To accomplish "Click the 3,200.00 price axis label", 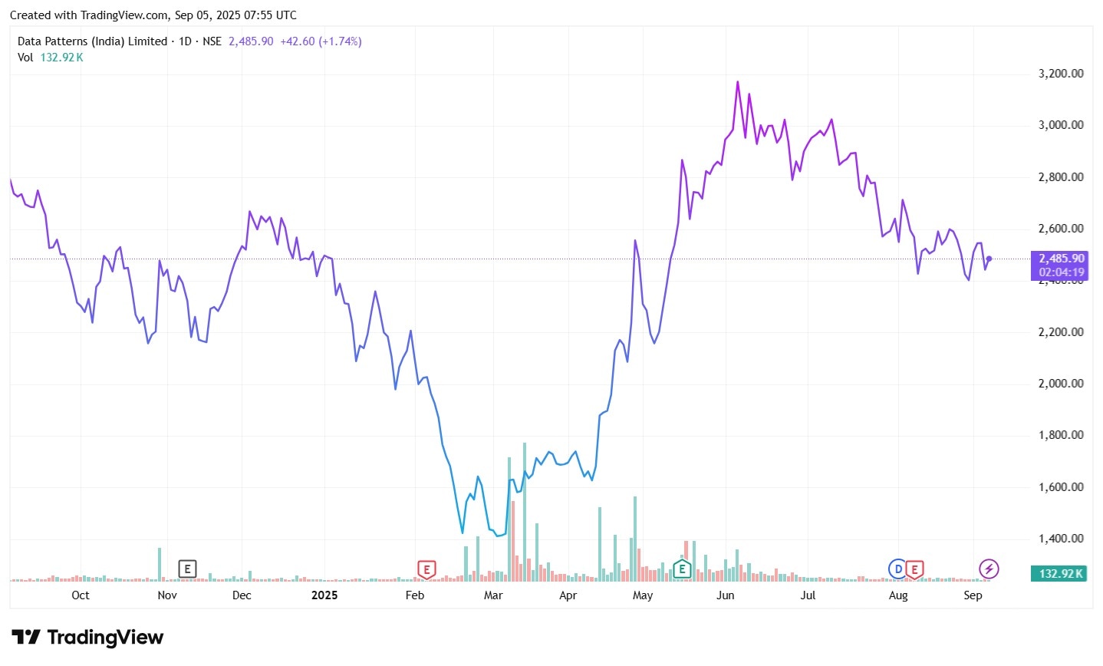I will [x=1061, y=74].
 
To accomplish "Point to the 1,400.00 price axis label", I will [x=1061, y=539].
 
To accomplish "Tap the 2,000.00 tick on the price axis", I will [x=1061, y=384].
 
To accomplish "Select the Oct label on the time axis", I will [x=81, y=595].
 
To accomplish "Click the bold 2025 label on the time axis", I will [x=324, y=595].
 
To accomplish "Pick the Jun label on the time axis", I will [x=725, y=595].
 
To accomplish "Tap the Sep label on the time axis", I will [x=973, y=595].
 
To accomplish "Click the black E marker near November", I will [x=187, y=569].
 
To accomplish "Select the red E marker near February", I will [x=426, y=569].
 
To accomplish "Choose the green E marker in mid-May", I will [x=682, y=569].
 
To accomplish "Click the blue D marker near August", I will [x=897, y=569].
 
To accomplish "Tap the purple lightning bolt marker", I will [x=989, y=569].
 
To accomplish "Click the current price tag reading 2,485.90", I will [x=1061, y=259].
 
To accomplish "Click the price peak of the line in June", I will [x=738, y=81].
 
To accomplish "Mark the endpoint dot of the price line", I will [x=989, y=259].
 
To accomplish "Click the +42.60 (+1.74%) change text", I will [x=321, y=41].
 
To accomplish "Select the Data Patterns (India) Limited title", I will [x=92, y=41].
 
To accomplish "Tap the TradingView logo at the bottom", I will [x=87, y=638].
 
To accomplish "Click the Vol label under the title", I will [x=25, y=58].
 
